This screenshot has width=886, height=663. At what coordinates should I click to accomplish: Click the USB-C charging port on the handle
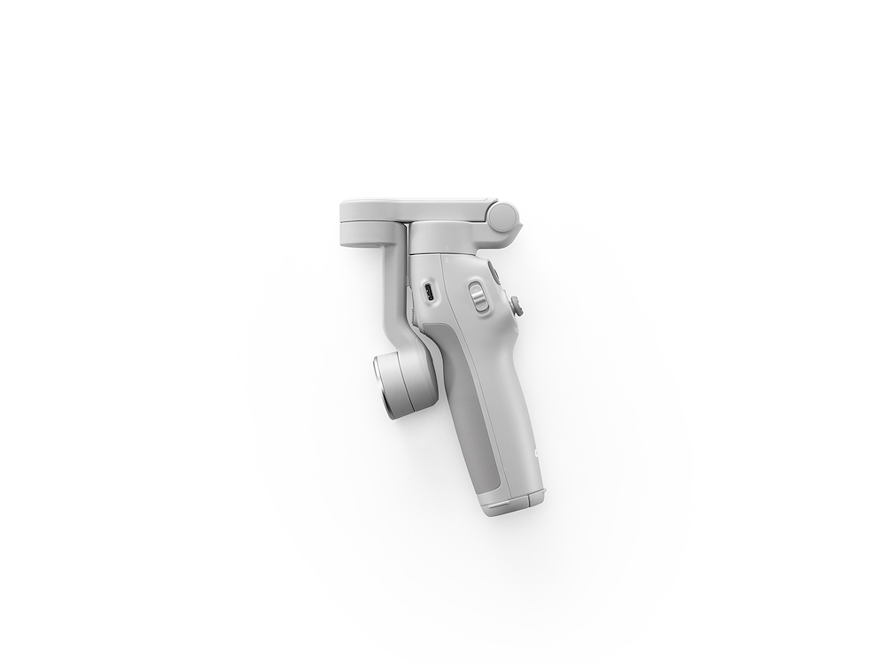click(x=428, y=293)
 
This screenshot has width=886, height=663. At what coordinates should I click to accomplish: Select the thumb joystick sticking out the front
click(x=516, y=306)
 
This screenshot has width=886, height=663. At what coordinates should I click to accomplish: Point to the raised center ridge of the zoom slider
click(x=476, y=297)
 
